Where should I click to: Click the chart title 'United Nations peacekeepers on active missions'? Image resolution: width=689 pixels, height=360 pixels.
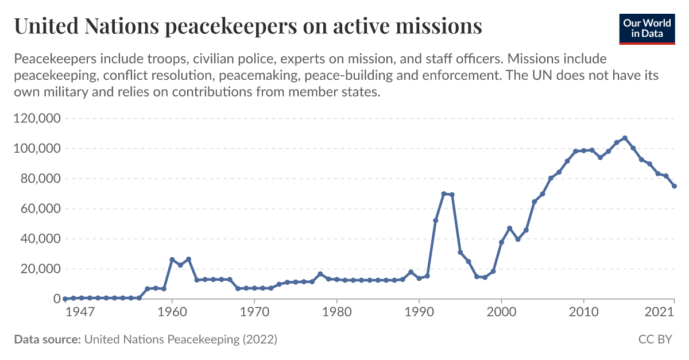247,26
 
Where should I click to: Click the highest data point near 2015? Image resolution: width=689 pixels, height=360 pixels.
625,138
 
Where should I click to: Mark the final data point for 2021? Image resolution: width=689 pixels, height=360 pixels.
675,186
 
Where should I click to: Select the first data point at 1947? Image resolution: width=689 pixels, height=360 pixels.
65,299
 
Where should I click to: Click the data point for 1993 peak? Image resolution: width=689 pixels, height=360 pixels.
444,193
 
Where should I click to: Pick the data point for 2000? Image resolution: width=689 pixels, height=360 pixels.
501,242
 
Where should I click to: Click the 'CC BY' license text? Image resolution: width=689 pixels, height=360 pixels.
655,339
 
